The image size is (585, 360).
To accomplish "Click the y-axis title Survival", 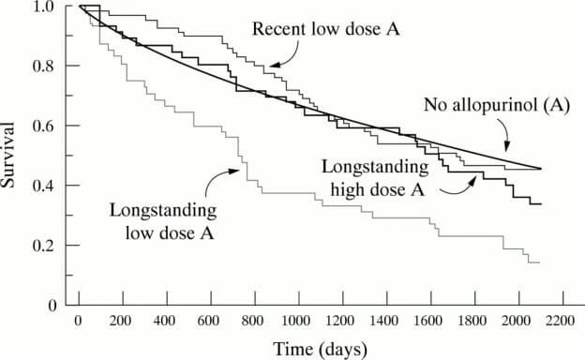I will (10, 155).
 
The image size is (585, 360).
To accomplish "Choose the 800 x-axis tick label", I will (255, 322).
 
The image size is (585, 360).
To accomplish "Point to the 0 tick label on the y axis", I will (53, 306).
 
